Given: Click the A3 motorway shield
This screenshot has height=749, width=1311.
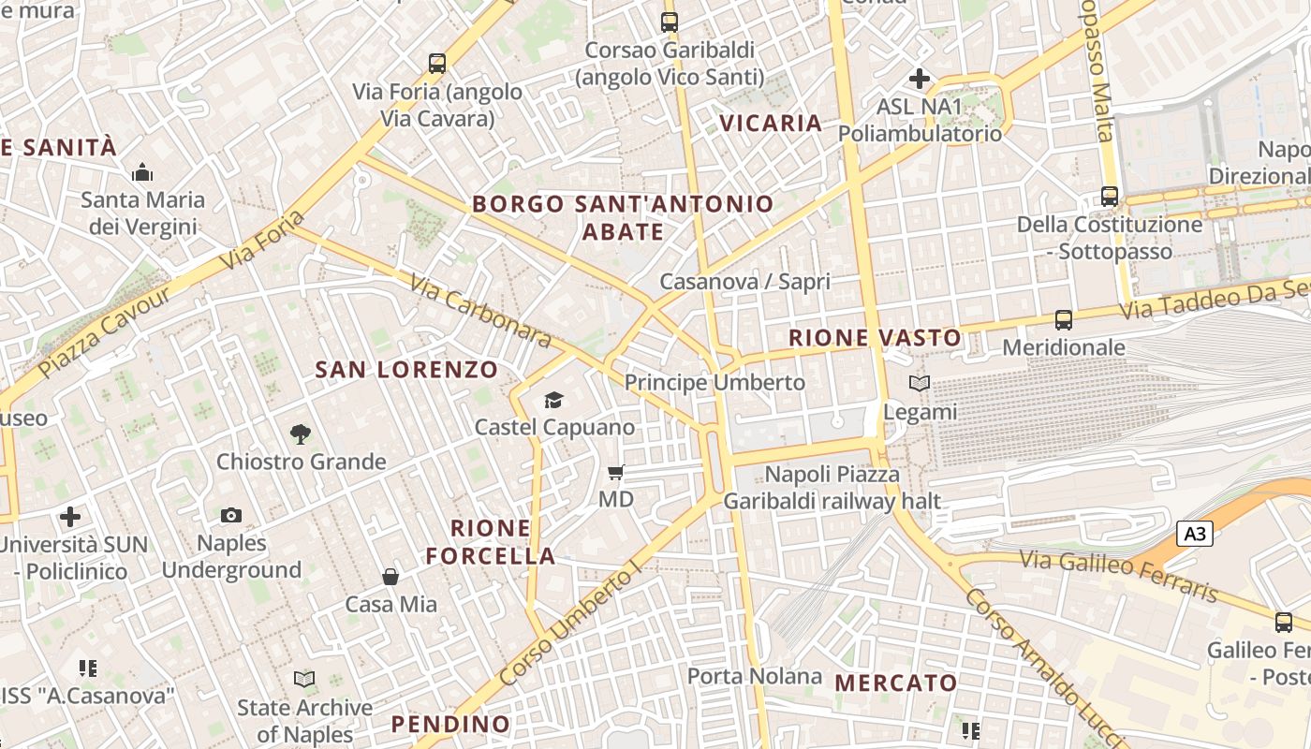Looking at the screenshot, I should point(1195,535).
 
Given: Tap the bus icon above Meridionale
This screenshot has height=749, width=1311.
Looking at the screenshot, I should point(1063,320).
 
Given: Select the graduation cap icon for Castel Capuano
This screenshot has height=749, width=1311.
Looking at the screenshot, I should point(553,401).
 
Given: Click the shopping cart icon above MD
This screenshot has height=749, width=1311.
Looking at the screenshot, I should point(615,473).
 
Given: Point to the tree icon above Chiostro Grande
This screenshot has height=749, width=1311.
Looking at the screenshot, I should point(301,433).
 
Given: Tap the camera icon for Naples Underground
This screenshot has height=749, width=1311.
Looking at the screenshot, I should point(231,515).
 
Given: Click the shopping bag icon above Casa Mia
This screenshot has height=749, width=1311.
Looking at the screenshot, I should point(390,577).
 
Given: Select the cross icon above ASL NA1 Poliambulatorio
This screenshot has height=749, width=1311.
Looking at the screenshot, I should point(920,79).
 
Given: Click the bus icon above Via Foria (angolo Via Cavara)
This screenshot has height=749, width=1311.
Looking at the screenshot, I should point(437,64).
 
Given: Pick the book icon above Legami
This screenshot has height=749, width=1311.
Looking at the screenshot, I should point(920,384).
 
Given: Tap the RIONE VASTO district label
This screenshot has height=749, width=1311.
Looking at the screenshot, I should point(875,339).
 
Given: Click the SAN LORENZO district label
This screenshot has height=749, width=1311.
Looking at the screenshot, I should point(406,370).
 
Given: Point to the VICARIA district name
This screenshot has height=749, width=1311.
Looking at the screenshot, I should point(771,123).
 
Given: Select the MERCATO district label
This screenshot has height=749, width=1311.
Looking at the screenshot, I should point(895,683).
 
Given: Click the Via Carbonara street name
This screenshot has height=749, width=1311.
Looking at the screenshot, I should point(480,310).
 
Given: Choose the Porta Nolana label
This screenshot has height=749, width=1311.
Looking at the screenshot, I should point(754,676).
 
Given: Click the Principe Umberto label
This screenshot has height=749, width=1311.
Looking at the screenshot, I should point(714,383).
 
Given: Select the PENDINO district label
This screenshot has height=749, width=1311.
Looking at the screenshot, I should point(450,724).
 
